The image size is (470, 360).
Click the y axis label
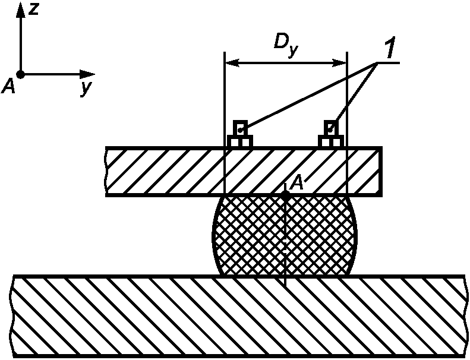87,89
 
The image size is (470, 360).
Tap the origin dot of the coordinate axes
20,75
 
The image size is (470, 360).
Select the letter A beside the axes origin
8,87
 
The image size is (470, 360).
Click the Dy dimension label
285,44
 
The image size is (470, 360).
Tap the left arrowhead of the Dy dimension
230,62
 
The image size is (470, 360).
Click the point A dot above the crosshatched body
286,194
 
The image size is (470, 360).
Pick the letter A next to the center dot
296,183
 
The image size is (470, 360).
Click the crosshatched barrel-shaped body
255,238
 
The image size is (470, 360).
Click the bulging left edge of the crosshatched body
213,238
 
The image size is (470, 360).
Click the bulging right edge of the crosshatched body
358,238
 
